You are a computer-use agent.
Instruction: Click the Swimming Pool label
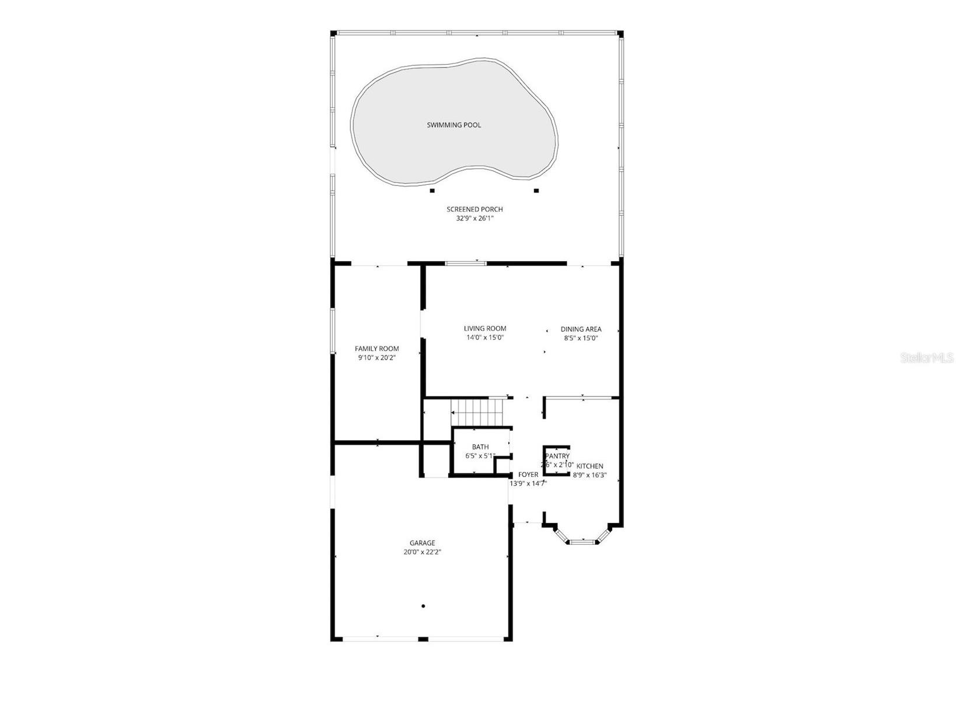(x=453, y=125)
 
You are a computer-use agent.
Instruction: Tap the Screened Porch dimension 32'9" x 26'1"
(x=474, y=219)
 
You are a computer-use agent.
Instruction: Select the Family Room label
(x=376, y=349)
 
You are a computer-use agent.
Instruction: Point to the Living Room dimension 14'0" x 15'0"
(x=484, y=338)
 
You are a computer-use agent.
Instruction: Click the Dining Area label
(x=581, y=329)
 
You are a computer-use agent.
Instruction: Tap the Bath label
(x=480, y=447)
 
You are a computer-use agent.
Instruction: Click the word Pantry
(x=557, y=456)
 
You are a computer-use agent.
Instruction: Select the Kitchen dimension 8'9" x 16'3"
(x=589, y=475)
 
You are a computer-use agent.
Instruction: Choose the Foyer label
(x=528, y=475)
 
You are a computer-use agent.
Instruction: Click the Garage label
(x=422, y=543)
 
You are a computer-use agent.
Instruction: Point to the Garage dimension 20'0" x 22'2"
(x=422, y=552)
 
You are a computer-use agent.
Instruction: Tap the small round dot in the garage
(x=423, y=606)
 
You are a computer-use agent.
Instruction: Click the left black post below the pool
(x=432, y=191)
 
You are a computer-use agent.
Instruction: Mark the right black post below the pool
(x=536, y=191)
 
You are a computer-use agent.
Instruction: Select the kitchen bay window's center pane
(x=582, y=542)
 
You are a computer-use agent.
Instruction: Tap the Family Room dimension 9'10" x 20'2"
(x=376, y=358)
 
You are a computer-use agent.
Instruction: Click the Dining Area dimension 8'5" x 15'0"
(x=581, y=338)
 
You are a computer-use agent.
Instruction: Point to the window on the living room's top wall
(x=465, y=264)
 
